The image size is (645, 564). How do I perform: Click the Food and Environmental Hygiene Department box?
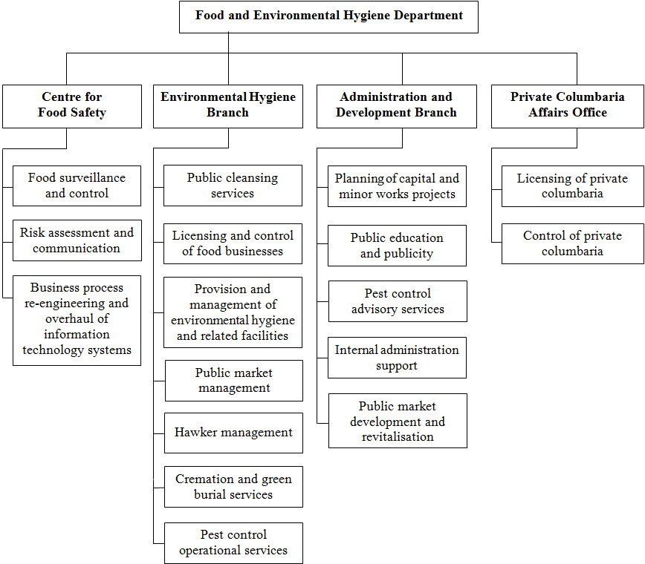coord(328,16)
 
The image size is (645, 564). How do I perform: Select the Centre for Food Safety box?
coord(72,105)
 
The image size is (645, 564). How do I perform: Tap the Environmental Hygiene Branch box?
coord(228,105)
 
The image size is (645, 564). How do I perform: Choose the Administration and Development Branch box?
coord(396,105)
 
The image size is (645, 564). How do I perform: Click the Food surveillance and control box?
coord(77,186)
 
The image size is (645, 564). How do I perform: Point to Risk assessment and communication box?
coord(77,240)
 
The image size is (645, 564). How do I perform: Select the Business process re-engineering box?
coord(77,319)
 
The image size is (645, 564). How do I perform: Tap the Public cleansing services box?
coord(233,186)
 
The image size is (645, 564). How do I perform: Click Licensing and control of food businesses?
coord(233,243)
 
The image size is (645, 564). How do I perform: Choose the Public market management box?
coord(233,381)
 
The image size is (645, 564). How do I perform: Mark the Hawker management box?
coord(233,433)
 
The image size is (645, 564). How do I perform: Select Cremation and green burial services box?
coord(233,487)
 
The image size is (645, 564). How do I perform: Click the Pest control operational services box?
coord(233,542)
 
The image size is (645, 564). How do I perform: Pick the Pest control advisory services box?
coord(398,301)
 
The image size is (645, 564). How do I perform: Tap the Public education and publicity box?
coord(398,246)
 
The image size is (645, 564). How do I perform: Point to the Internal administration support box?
coord(398,358)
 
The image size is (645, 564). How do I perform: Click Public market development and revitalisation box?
coord(398,421)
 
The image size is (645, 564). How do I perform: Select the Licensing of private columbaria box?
coord(572,186)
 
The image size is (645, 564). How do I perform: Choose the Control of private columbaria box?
coord(572,243)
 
